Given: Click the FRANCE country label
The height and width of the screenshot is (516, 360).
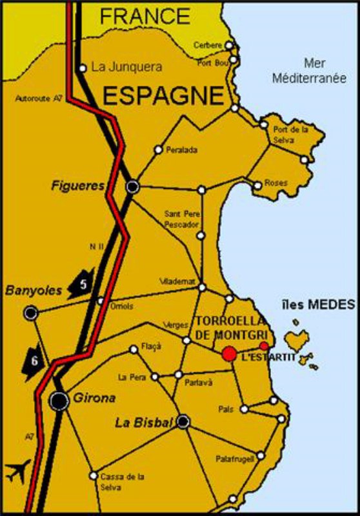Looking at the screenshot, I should click(145, 15).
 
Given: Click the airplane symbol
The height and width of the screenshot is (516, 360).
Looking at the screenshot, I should click(18, 471).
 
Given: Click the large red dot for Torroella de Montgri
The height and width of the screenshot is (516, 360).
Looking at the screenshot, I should click(229, 353).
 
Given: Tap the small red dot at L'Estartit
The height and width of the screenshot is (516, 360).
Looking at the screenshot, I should click(264, 346).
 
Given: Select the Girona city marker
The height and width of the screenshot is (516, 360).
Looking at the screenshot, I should click(59, 401).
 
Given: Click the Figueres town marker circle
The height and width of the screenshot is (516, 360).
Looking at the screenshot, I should click(132, 186).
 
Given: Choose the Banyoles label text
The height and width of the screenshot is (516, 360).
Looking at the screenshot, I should click(34, 290).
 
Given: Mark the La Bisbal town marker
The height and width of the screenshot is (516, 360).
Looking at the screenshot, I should click(183, 422).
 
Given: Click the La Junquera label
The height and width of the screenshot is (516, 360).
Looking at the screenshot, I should click(126, 66).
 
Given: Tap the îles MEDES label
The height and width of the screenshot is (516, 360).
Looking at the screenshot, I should click(319, 304).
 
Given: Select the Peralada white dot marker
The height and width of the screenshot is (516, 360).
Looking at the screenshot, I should click(157, 150).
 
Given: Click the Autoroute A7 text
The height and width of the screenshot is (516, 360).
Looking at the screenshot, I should click(38, 99).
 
